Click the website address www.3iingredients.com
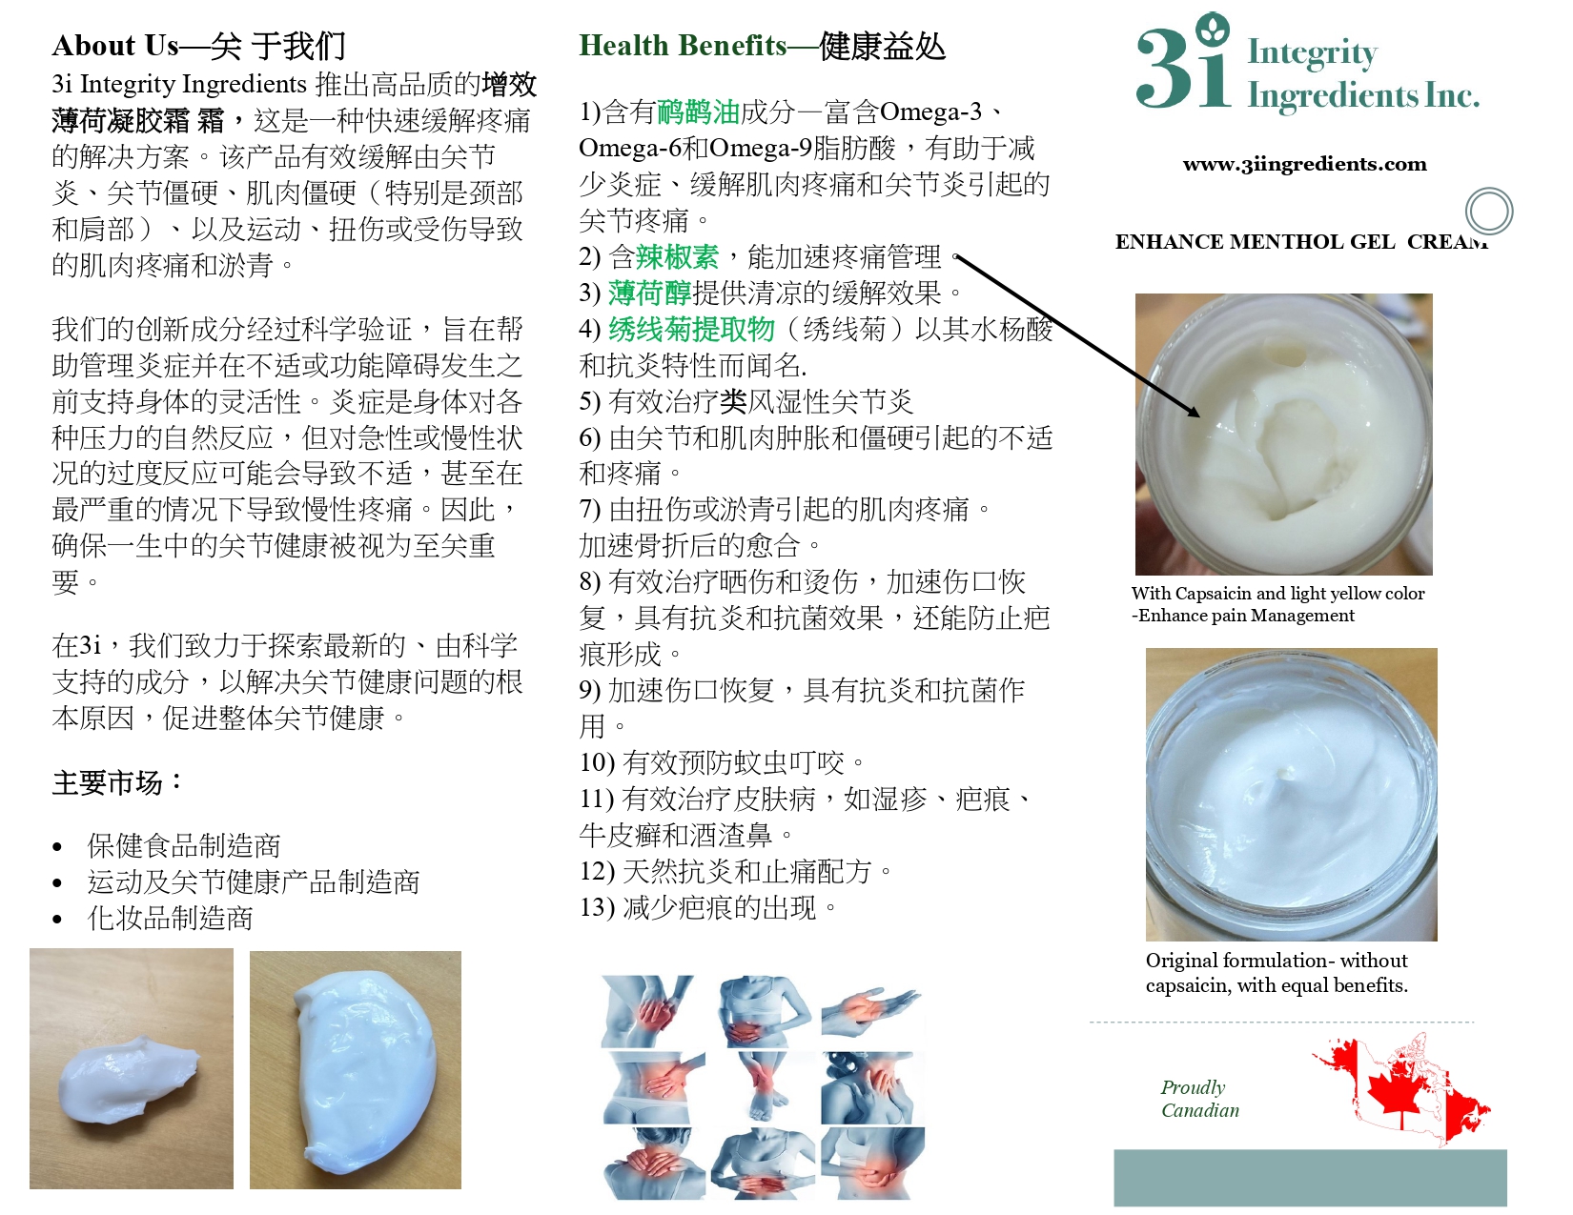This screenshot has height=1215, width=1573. point(1304,164)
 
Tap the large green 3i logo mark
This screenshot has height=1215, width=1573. point(1184,62)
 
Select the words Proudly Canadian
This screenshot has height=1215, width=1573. point(1199,1099)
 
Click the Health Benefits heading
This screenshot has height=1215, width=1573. point(762,47)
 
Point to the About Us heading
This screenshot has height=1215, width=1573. point(198,47)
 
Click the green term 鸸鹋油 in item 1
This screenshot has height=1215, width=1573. point(698,112)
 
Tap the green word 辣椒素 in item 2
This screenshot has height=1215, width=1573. point(678,257)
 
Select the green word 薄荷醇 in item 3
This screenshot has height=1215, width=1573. point(649,294)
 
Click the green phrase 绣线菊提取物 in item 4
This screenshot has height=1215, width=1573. point(691,330)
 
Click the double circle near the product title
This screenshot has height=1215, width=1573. point(1489,212)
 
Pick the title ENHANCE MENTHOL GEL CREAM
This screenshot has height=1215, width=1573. point(1300,242)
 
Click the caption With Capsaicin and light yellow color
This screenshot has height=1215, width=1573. point(1277,594)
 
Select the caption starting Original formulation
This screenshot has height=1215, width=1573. point(1277,973)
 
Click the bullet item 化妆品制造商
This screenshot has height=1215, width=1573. point(170,919)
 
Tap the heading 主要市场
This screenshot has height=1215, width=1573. point(116,783)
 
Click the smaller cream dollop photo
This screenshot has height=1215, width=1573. point(132,1068)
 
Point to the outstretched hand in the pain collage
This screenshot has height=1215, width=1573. point(872,1008)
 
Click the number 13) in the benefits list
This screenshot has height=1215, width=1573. point(597,907)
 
